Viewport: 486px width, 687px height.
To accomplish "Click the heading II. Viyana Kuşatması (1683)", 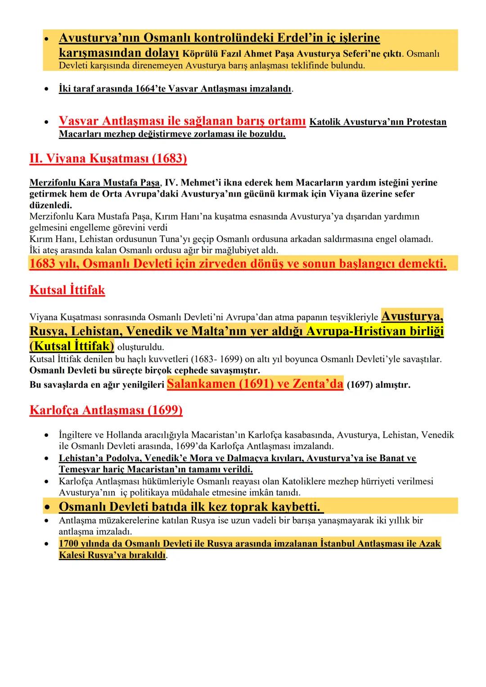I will pos(108,159).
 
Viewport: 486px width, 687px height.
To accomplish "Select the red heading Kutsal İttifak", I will pos(67,290).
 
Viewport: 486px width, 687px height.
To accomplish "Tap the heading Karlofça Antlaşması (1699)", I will pos(106,410).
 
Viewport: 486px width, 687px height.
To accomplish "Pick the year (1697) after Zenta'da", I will pos(360,385).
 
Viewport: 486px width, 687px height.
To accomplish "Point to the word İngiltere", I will pos(77,435).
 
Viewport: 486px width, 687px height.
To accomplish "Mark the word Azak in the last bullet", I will pos(430,543).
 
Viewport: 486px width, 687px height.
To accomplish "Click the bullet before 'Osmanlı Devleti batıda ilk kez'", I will pos(46,507).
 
